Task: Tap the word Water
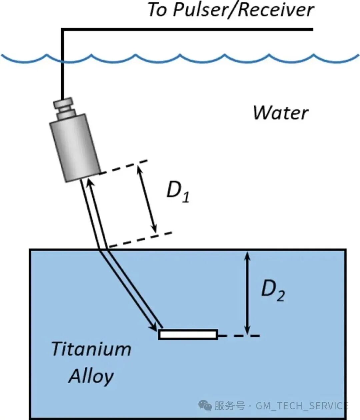[x=280, y=113]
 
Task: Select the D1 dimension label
[x=178, y=193]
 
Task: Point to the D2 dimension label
[x=272, y=291]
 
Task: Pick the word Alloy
[x=91, y=376]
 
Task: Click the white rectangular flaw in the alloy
[x=188, y=334]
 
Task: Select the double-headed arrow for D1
[x=147, y=199]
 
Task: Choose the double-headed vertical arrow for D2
[x=247, y=292]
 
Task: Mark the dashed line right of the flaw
[x=238, y=336]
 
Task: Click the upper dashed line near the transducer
[x=124, y=168]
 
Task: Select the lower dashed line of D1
[x=140, y=240]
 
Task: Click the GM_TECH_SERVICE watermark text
[x=302, y=406]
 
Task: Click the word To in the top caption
[x=157, y=10]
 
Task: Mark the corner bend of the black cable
[x=62, y=30]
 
